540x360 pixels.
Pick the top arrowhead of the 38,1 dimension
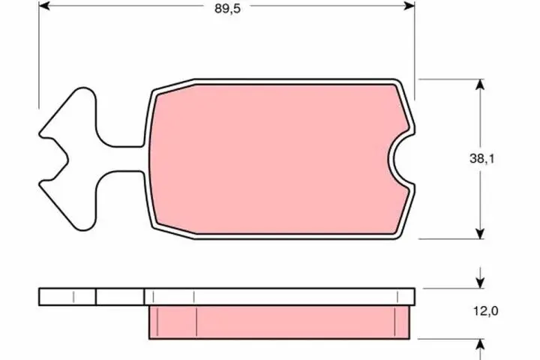point(478,84)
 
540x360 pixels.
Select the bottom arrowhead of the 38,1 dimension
point(478,233)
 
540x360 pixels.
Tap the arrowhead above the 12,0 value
point(478,283)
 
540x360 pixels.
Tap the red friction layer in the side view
point(277,321)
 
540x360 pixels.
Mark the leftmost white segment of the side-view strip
point(67,296)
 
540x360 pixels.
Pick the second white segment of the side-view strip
point(120,296)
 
